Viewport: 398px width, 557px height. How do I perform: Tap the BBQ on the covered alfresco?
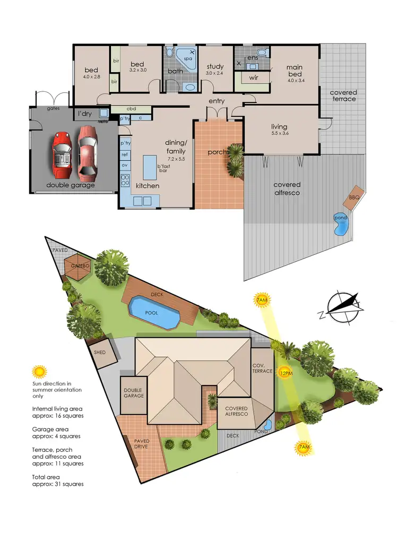tap(354, 197)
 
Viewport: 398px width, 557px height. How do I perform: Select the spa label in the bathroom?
tap(187, 59)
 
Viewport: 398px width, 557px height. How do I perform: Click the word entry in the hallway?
tap(217, 101)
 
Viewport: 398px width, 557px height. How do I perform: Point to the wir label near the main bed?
tap(253, 78)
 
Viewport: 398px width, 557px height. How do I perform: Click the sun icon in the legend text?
tap(38, 371)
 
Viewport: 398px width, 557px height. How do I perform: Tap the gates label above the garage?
tap(53, 108)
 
